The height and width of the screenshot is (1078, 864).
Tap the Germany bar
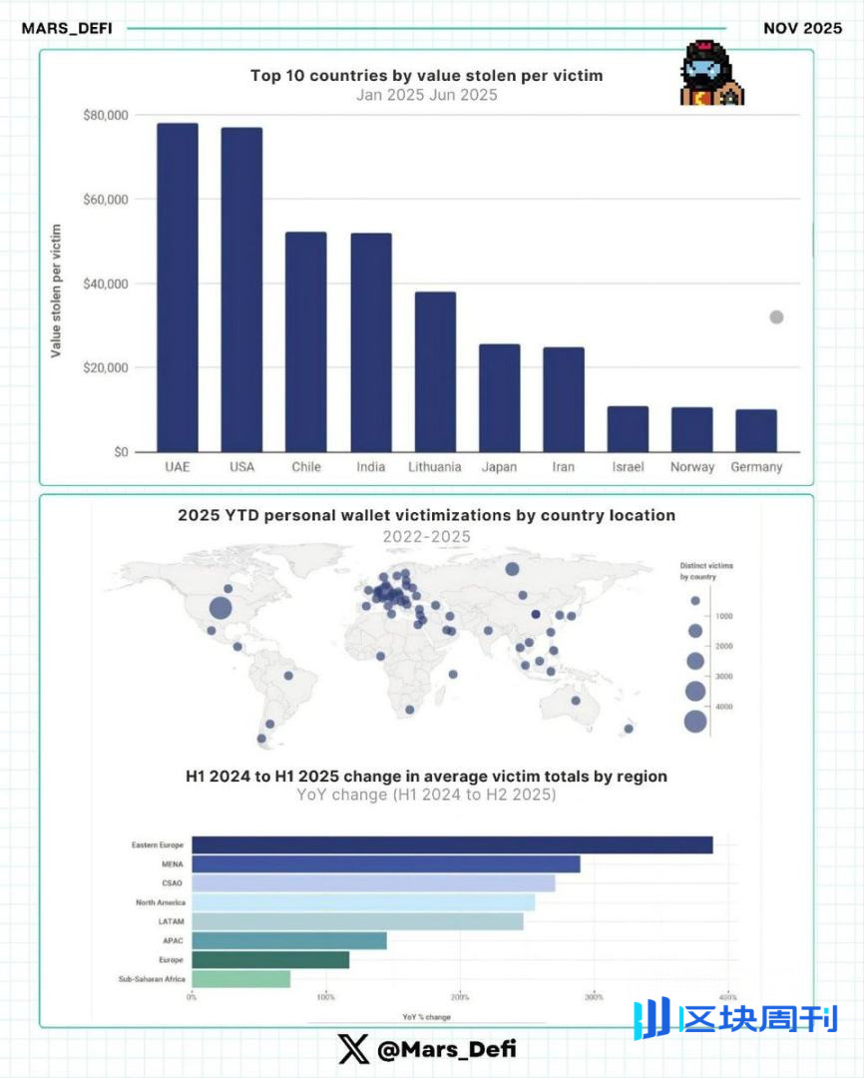tap(756, 430)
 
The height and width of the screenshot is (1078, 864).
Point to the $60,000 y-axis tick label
tap(105, 200)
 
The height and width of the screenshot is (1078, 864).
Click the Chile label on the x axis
tap(306, 467)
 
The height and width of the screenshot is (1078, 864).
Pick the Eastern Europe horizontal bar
tap(452, 845)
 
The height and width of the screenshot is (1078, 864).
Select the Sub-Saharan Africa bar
tap(240, 979)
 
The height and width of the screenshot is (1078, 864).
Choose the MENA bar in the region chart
tap(385, 864)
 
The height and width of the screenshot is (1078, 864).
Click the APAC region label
tap(174, 941)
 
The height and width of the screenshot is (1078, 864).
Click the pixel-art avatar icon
tap(711, 75)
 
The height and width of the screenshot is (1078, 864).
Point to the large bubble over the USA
tap(220, 608)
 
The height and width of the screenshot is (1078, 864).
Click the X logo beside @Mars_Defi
tap(353, 1049)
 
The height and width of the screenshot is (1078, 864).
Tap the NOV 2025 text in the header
tap(802, 28)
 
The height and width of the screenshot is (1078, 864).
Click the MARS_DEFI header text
tap(67, 28)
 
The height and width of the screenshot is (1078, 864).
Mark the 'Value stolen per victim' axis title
tap(57, 290)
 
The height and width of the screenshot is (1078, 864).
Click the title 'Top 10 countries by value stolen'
tap(426, 76)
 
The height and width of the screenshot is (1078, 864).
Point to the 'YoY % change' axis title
tap(426, 1016)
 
